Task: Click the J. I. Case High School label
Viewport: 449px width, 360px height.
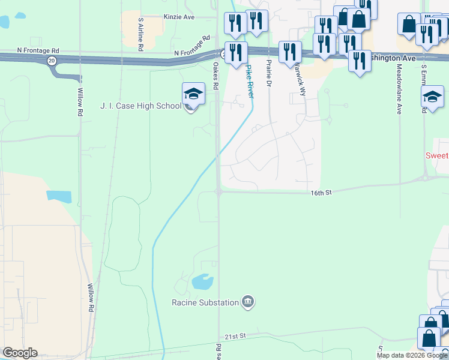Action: tap(140, 106)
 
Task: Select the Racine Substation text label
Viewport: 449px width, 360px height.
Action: tap(205, 302)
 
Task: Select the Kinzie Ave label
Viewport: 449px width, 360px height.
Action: tap(179, 17)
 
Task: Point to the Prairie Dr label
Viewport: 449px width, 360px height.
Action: tap(268, 74)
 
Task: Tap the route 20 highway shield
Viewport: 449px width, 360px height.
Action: tap(52, 61)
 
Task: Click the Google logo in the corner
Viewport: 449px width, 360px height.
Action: tap(20, 353)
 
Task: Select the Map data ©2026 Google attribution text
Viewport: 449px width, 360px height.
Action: tap(412, 355)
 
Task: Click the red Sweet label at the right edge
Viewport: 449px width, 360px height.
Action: tap(437, 155)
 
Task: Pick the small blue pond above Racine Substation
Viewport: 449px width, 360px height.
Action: tap(201, 281)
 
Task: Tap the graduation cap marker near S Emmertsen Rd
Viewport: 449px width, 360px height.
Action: tap(432, 97)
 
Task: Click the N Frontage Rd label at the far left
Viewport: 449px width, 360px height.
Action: tap(39, 51)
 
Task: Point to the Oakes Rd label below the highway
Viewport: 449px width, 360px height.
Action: tap(214, 75)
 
